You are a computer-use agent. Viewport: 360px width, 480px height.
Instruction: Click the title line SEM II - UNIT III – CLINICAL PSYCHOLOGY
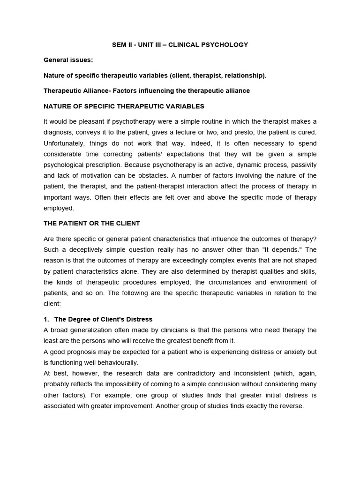(180, 45)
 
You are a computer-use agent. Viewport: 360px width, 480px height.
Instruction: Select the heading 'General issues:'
(67, 60)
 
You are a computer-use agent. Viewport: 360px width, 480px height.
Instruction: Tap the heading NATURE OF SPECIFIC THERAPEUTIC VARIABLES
(124, 106)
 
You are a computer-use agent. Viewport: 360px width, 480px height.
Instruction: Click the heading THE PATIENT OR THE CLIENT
(92, 223)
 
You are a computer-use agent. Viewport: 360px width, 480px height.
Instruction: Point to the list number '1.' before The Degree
(47, 319)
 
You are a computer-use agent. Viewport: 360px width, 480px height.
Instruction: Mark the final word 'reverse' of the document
(292, 406)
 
